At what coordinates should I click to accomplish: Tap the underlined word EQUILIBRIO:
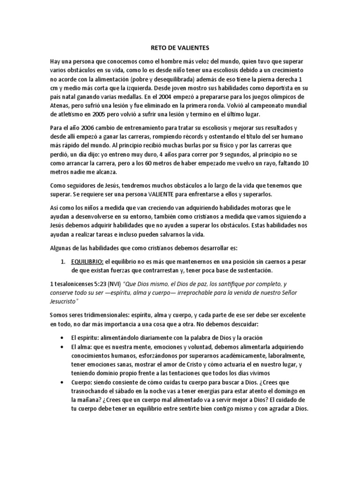pos(88,261)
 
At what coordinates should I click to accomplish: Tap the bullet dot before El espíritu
pos(63,338)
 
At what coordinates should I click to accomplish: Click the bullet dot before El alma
pos(63,347)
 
